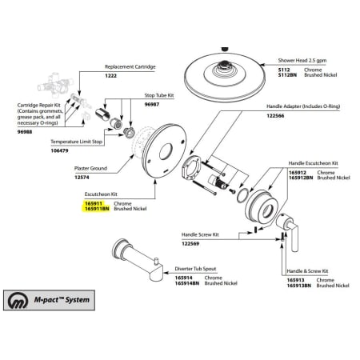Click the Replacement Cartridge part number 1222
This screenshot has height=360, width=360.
110,76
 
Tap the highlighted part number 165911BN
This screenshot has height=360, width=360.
97,209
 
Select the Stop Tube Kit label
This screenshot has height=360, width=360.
159,95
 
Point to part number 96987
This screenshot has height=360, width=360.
152,104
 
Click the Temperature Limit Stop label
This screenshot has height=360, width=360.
77,142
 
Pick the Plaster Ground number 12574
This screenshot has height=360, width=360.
82,178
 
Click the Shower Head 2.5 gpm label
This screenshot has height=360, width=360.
302,61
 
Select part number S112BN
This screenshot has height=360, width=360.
287,75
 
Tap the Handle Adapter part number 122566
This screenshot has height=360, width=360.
275,116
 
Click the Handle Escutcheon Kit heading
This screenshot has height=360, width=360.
313,163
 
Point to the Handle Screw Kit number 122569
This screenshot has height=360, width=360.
190,243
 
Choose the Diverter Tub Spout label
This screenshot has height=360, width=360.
195,269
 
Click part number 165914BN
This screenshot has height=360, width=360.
187,283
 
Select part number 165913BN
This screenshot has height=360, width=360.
299,286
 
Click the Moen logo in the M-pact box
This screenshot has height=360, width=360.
18,300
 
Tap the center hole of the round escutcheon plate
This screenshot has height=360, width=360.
166,151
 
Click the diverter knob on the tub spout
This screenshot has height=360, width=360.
156,260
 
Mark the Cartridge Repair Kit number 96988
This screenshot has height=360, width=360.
25,132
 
